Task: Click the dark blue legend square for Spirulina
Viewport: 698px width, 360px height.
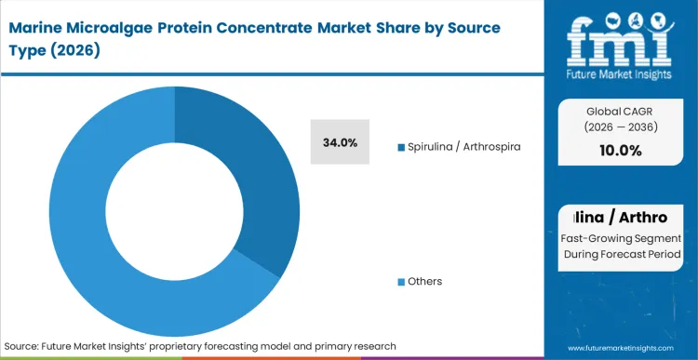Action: tap(401, 147)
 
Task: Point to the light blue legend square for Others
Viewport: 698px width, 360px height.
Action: tap(401, 281)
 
